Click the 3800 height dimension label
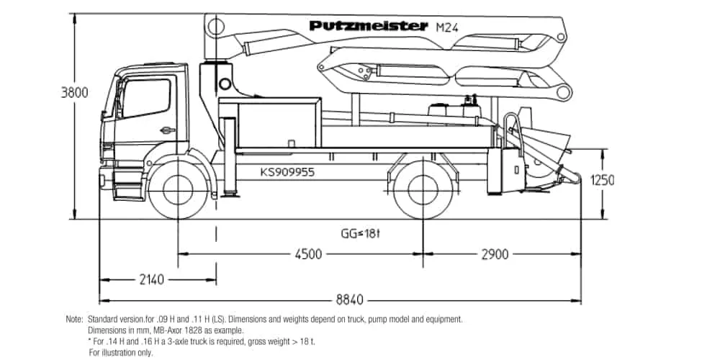74,93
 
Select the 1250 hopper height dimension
602,180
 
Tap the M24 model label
448,27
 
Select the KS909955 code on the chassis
287,173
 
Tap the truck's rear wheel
422,189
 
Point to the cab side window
147,99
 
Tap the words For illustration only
121,353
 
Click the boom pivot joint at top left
214,28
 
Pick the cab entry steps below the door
127,189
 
